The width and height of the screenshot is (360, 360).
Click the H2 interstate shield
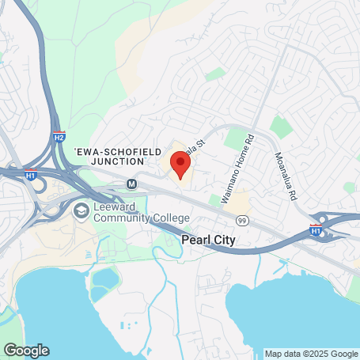(x=59, y=136)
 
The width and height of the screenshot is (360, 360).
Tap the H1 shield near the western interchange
(x=30, y=176)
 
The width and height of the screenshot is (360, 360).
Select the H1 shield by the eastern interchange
(x=316, y=231)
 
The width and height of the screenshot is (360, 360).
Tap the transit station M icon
(x=132, y=184)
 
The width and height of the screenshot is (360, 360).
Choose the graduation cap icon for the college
(x=81, y=211)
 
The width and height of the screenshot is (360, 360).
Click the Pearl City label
(x=209, y=238)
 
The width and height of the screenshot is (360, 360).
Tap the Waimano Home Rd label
(x=237, y=169)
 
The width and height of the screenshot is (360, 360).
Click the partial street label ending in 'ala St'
(x=196, y=146)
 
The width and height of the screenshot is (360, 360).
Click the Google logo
(x=26, y=350)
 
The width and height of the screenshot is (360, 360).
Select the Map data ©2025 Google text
(x=311, y=354)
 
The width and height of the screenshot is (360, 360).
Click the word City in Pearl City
(x=225, y=238)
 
